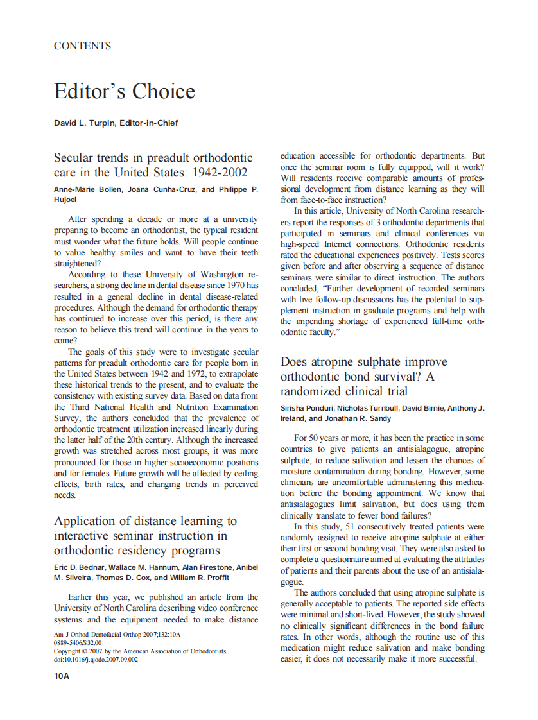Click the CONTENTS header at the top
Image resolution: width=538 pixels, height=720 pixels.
coord(82,46)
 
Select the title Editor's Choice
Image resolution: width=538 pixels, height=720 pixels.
coord(124,91)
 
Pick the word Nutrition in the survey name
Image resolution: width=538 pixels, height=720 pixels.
coord(191,407)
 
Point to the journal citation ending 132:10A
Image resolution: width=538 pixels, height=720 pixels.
coord(117,635)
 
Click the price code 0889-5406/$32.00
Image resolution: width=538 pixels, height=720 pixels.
coord(78,643)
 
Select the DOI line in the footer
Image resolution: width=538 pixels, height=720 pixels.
coord(96,658)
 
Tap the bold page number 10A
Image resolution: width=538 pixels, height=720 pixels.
coord(62,676)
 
